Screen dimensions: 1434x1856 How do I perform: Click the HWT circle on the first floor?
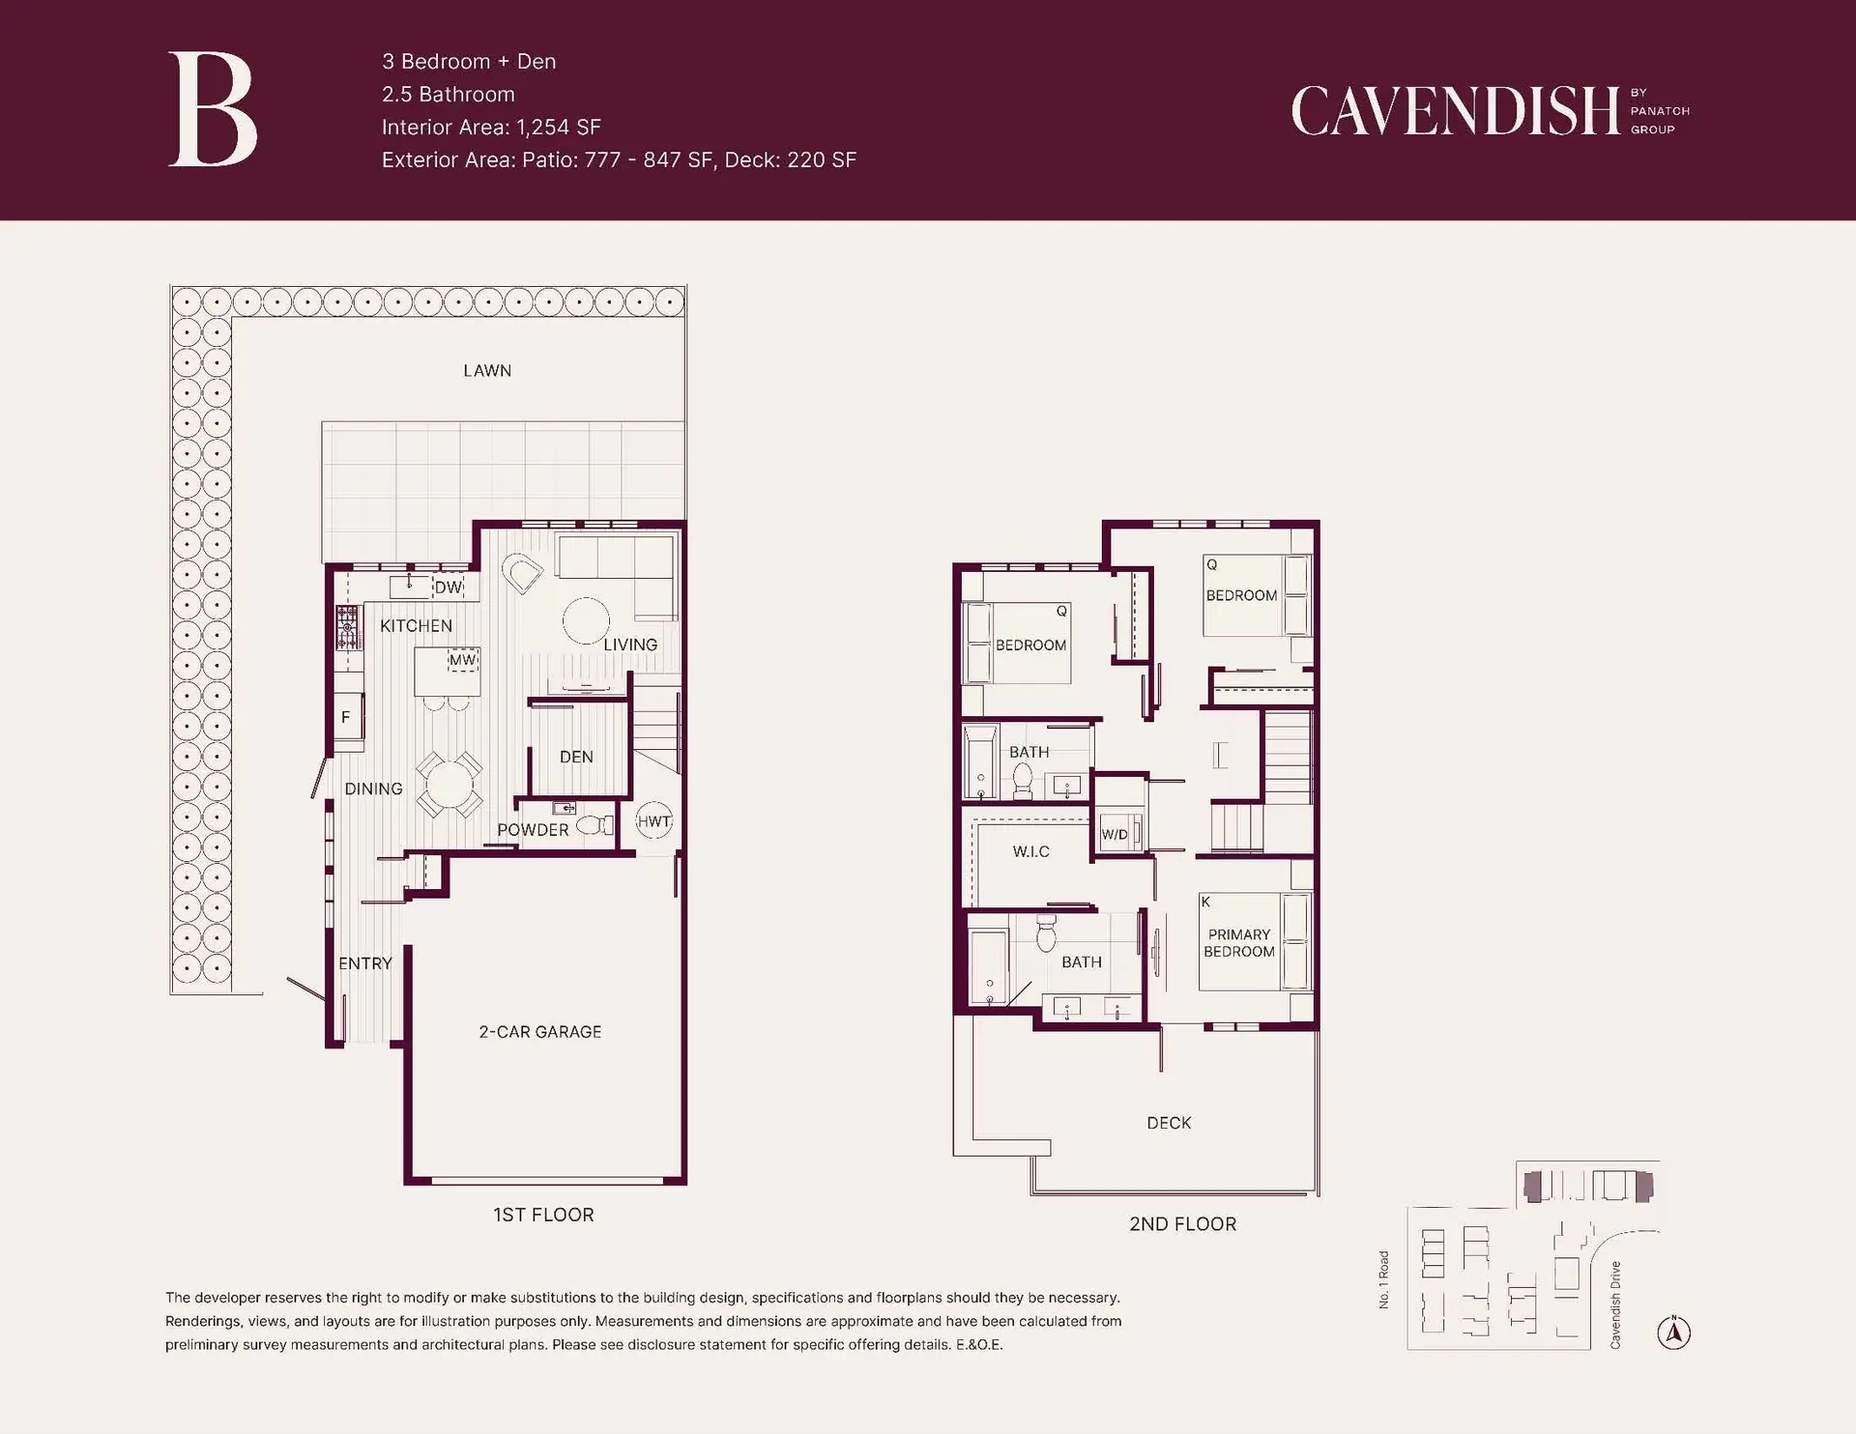(x=653, y=821)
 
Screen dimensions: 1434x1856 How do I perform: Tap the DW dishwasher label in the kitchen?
(x=449, y=587)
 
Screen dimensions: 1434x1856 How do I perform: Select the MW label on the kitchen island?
(x=462, y=660)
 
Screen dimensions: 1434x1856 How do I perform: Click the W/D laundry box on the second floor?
(x=1116, y=834)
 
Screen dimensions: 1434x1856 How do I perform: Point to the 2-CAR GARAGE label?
(x=539, y=1032)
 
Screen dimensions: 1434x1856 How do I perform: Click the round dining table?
(x=449, y=785)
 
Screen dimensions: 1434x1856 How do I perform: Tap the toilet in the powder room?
(x=594, y=826)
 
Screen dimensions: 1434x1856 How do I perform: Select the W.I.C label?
(x=1030, y=851)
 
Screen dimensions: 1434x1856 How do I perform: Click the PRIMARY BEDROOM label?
(x=1238, y=942)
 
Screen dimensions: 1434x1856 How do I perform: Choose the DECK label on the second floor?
(x=1169, y=1123)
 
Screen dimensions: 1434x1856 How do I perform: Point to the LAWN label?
(x=487, y=370)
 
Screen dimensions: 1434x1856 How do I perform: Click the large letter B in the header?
(x=213, y=110)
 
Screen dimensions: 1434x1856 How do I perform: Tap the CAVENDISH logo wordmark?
(x=1455, y=111)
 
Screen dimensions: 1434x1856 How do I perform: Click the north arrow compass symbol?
(x=1673, y=1334)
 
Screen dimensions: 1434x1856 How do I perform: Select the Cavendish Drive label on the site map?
(x=1614, y=1305)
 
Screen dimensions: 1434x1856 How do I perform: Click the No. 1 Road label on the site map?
(x=1383, y=1280)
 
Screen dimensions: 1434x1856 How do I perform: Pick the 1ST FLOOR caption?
(x=543, y=1215)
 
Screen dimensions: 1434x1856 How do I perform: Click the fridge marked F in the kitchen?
(x=346, y=717)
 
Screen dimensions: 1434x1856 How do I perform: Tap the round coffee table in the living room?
(x=586, y=620)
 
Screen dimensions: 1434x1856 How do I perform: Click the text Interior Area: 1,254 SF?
(x=491, y=128)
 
